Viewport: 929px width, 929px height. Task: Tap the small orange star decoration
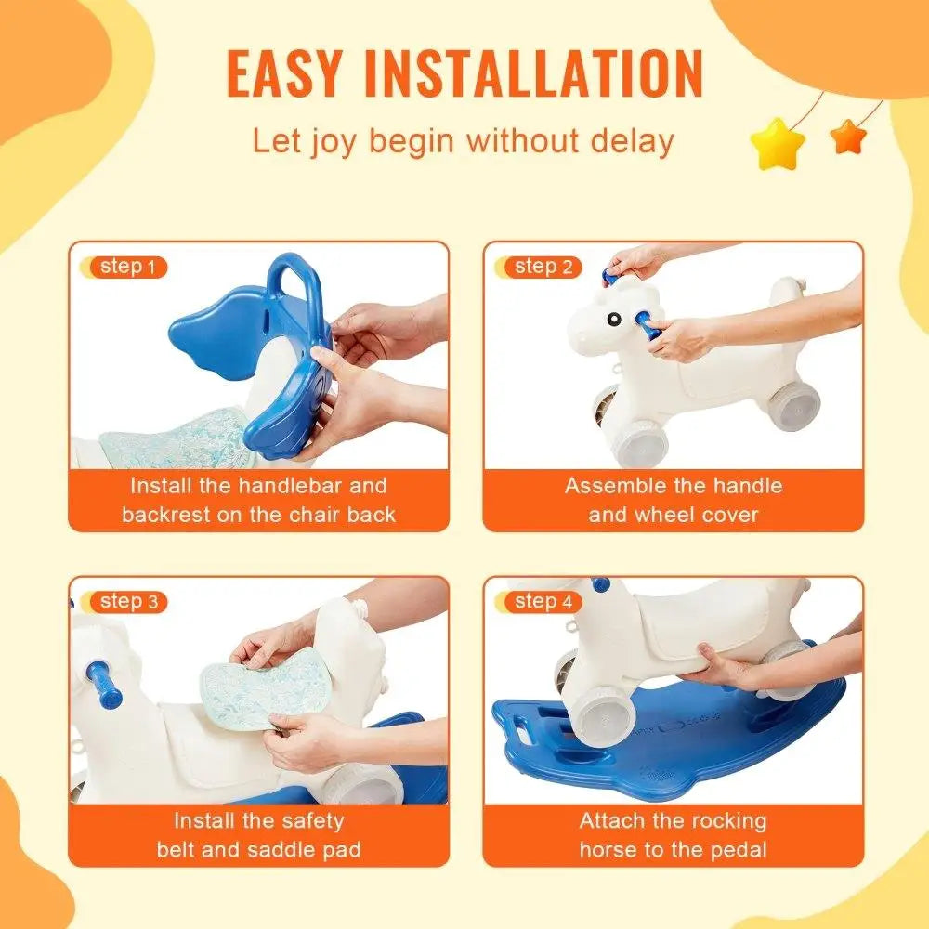[x=847, y=137]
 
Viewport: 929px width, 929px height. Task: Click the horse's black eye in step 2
[x=615, y=318]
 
